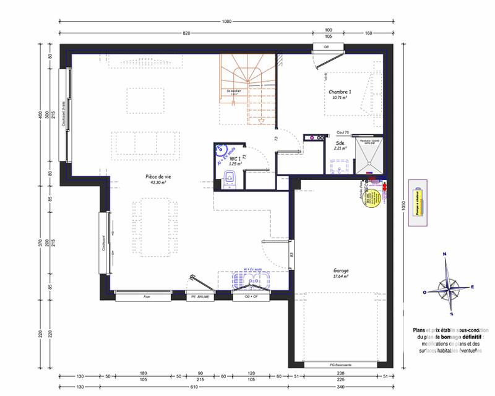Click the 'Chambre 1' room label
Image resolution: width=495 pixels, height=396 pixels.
pos(340,91)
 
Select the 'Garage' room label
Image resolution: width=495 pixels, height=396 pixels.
pos(340,270)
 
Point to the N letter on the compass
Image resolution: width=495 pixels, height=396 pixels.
pos(444,254)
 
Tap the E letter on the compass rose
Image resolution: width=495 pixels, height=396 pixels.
pos(472,286)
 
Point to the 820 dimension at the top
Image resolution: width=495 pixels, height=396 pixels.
pos(186,33)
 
